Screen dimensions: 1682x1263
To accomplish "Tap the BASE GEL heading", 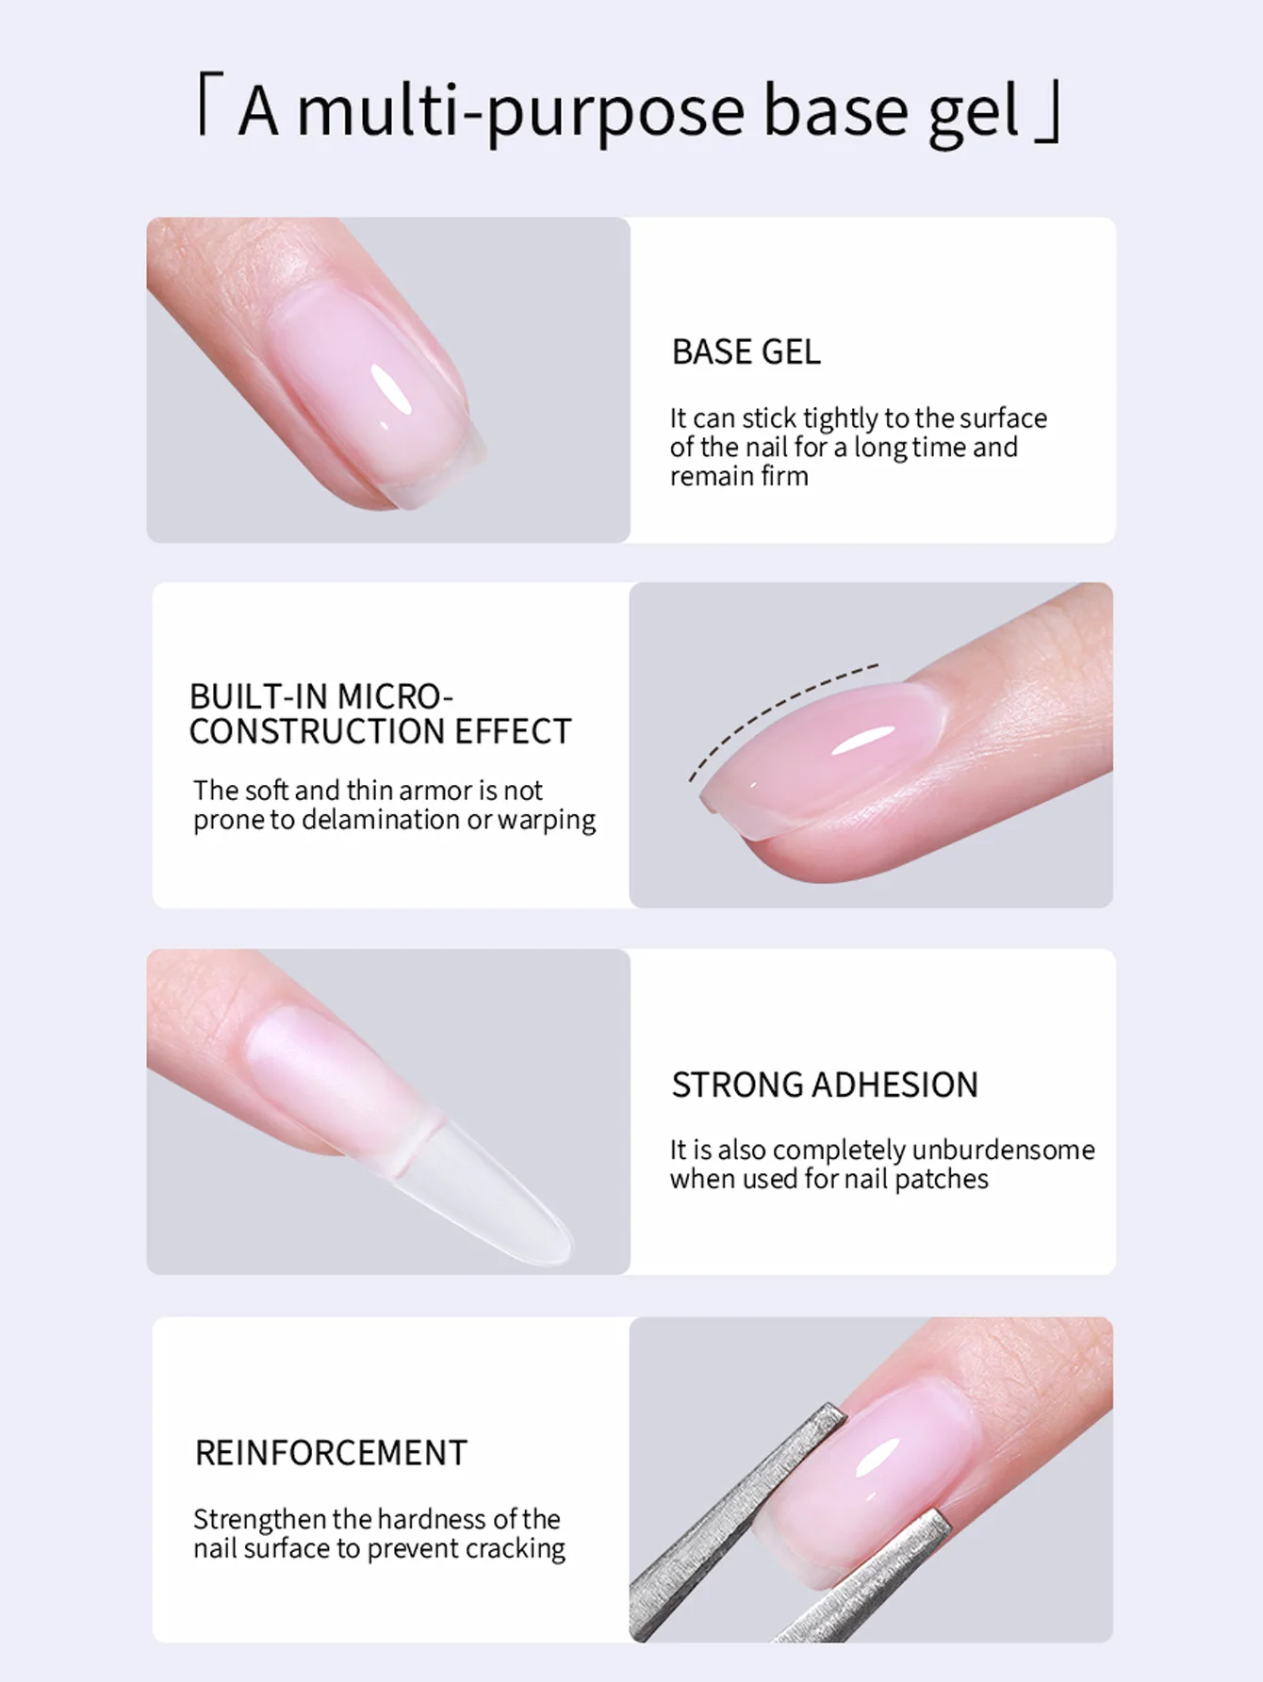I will pos(746,352).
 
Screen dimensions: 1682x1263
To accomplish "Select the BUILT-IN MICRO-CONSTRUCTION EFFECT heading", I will pos(380,714).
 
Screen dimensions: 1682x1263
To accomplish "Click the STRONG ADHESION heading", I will pos(825,1086).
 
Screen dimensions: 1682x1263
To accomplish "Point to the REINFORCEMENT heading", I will pos(331,1453).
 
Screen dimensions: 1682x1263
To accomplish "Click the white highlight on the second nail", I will pos(862,741).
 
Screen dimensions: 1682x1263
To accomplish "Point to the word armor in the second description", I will pos(441,790).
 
